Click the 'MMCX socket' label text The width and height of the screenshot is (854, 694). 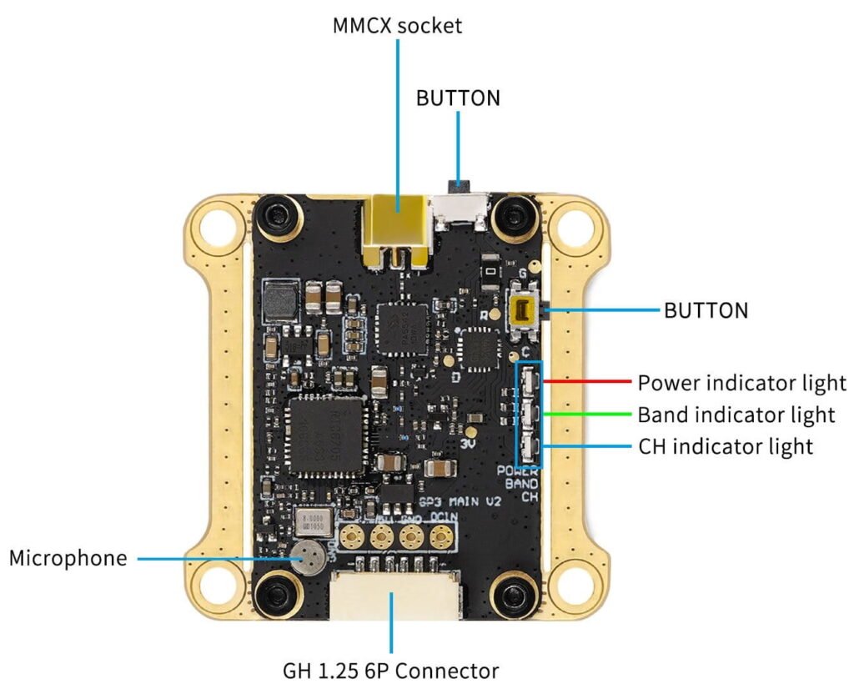click(x=397, y=25)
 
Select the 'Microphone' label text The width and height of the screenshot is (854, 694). click(x=68, y=558)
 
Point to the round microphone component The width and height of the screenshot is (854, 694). click(x=307, y=557)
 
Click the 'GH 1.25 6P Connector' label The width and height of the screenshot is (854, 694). click(x=390, y=670)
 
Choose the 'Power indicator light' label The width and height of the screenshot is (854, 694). click(x=741, y=384)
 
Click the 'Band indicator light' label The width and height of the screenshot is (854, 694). click(x=736, y=415)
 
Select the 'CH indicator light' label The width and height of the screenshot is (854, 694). click(x=725, y=446)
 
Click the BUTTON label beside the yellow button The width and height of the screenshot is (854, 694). click(x=706, y=311)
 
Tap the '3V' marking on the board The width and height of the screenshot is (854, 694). click(x=468, y=445)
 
